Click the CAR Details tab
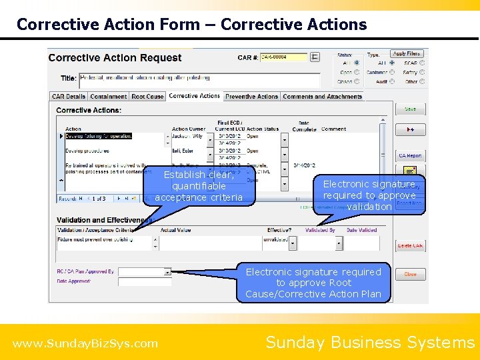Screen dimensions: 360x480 pyautogui.click(x=69, y=97)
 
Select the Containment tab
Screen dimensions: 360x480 pyautogui.click(x=109, y=97)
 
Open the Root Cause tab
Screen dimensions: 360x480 pyautogui.click(x=147, y=97)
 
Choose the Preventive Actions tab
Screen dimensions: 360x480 pyautogui.click(x=251, y=97)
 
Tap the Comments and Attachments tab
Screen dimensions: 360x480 pyautogui.click(x=322, y=97)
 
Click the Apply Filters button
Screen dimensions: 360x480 pyautogui.click(x=407, y=54)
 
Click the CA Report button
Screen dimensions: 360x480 pyautogui.click(x=410, y=156)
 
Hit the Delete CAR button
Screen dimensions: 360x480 pyautogui.click(x=410, y=246)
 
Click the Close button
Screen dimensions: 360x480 pyautogui.click(x=410, y=274)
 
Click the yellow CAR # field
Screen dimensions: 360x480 pyautogui.click(x=283, y=57)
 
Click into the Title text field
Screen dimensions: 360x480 pyautogui.click(x=199, y=79)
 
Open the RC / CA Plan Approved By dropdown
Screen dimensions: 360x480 pyautogui.click(x=167, y=272)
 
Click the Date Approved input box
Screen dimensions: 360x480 pyautogui.click(x=144, y=282)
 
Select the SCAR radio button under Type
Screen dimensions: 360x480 pyautogui.click(x=392, y=63)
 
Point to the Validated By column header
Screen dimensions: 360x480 pyautogui.click(x=321, y=231)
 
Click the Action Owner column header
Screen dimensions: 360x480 pyautogui.click(x=189, y=129)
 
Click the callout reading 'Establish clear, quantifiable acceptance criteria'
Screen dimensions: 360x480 pyautogui.click(x=199, y=186)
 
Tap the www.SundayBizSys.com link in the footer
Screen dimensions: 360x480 pyautogui.click(x=85, y=344)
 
